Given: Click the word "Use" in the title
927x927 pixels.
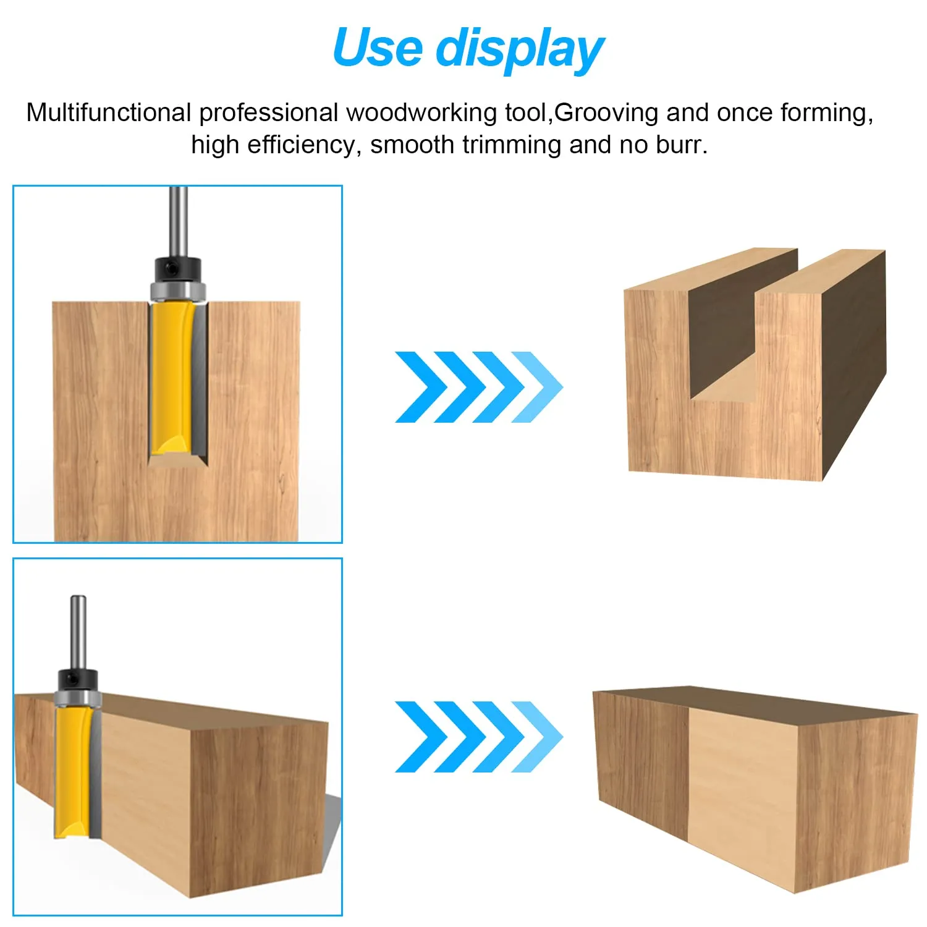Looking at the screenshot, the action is [377, 48].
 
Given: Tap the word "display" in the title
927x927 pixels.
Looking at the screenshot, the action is [520, 51].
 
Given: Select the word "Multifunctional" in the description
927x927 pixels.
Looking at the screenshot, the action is [109, 112].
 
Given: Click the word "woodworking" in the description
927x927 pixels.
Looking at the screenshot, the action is [421, 113].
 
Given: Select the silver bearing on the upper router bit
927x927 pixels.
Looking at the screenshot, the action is [178, 290].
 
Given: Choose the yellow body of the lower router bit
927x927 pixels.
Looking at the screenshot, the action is [72, 772].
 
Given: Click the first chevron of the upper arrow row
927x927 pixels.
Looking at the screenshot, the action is [420, 387].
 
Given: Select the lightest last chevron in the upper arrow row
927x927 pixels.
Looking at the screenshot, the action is [538, 387].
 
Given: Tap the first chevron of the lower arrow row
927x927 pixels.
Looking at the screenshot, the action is [420, 737].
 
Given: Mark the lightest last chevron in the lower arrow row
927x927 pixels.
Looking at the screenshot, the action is [538, 737].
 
